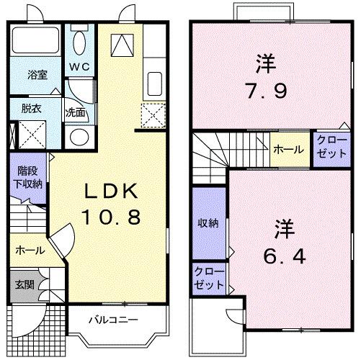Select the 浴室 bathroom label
(38, 74)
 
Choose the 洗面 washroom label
(76, 113)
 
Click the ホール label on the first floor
(30, 251)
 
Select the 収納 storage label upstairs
(209, 223)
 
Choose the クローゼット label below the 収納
(209, 279)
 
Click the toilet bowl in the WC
(79, 42)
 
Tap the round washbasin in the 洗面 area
(80, 136)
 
